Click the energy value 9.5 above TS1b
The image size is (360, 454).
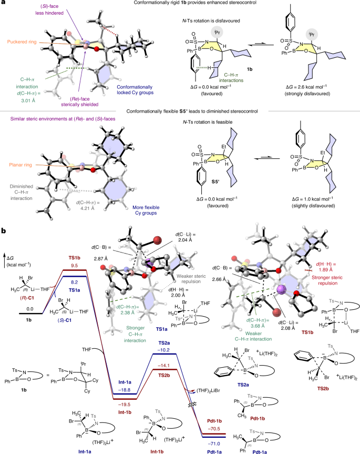pos(75,266)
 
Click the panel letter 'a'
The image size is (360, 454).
pos(4,4)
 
